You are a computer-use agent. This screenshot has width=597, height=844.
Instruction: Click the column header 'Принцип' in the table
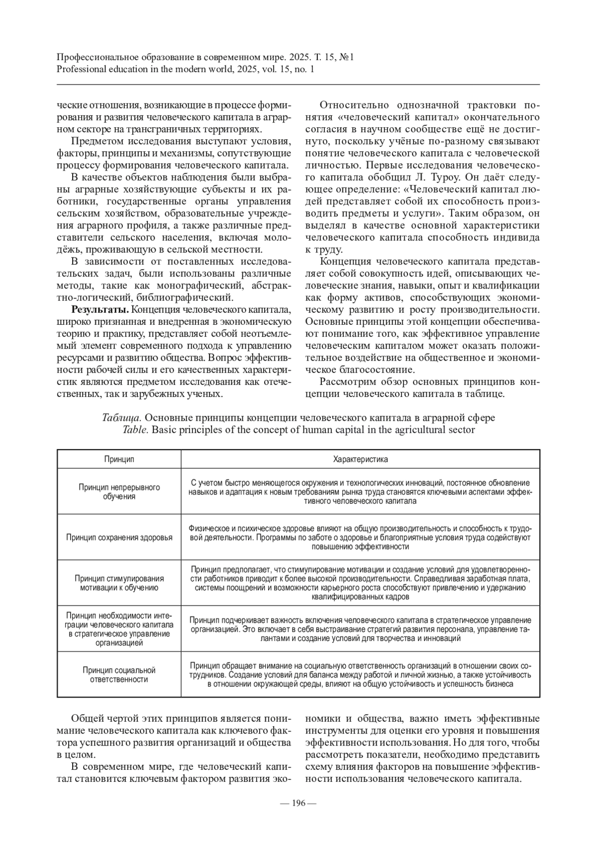point(119,459)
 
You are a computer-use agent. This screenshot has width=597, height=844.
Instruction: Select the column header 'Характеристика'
point(360,459)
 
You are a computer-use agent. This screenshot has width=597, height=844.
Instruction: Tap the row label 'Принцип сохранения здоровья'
point(119,537)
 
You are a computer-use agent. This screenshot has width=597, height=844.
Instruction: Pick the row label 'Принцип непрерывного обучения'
point(119,491)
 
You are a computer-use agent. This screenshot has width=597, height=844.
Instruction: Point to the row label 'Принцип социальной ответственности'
point(119,674)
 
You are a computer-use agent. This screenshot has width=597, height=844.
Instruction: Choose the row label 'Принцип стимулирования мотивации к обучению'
point(119,583)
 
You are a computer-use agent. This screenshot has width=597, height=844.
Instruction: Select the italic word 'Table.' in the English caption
point(135,429)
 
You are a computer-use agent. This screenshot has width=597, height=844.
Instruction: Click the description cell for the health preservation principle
point(360,537)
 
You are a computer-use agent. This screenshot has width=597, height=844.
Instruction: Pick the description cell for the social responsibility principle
point(360,674)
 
